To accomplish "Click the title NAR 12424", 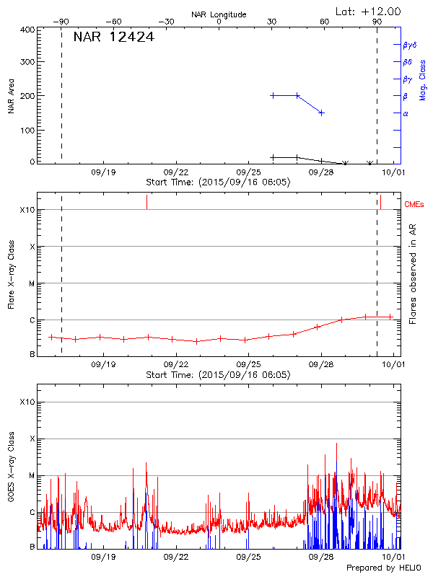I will [x=113, y=38].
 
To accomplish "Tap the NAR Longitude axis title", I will [x=219, y=14].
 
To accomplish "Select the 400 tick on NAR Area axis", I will [x=28, y=30].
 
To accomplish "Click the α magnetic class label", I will [x=406, y=113].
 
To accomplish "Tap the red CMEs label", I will [x=414, y=205].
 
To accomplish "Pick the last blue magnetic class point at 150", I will [x=322, y=113].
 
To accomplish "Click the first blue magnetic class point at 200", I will [x=273, y=95].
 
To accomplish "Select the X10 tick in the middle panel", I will [x=27, y=210].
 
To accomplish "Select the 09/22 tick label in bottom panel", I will [x=176, y=557].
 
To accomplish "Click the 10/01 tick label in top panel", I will [x=393, y=172].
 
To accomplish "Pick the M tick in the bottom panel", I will [x=31, y=475].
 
